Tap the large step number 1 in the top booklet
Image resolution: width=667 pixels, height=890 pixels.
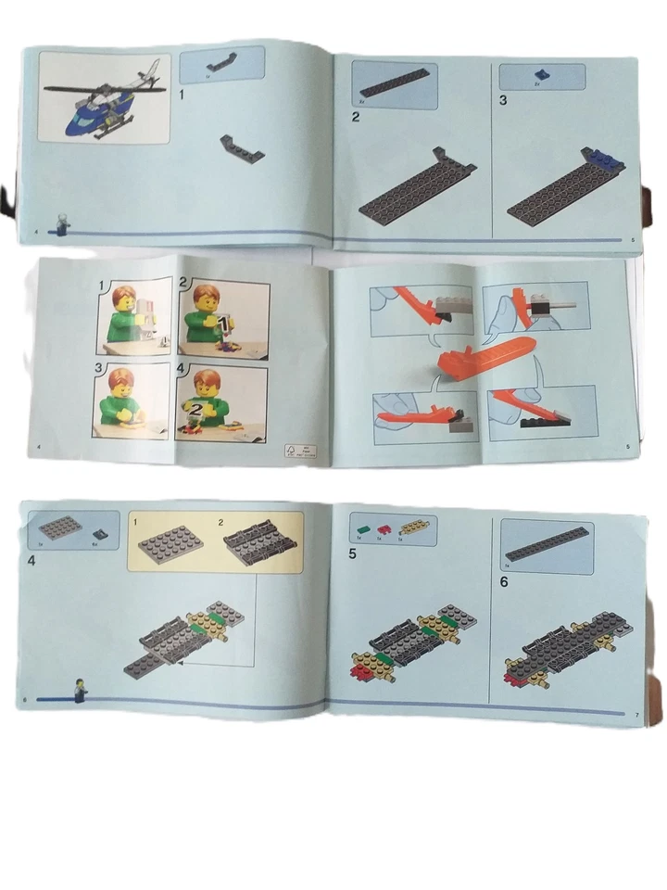tap(182, 94)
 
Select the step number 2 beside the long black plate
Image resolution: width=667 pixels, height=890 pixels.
tap(356, 117)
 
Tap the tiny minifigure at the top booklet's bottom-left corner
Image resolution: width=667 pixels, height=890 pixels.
tap(62, 222)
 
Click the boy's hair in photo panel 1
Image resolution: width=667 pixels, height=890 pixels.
tap(124, 299)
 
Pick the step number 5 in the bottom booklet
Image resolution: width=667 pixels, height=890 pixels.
tap(353, 555)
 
